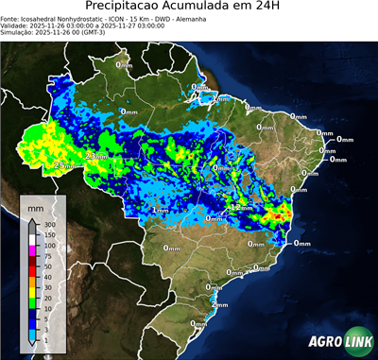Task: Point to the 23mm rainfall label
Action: pyautogui.click(x=95, y=155)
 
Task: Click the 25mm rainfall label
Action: pyautogui.click(x=63, y=165)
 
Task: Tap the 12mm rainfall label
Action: pyautogui.click(x=243, y=207)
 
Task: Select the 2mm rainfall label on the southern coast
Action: pyautogui.click(x=219, y=305)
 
